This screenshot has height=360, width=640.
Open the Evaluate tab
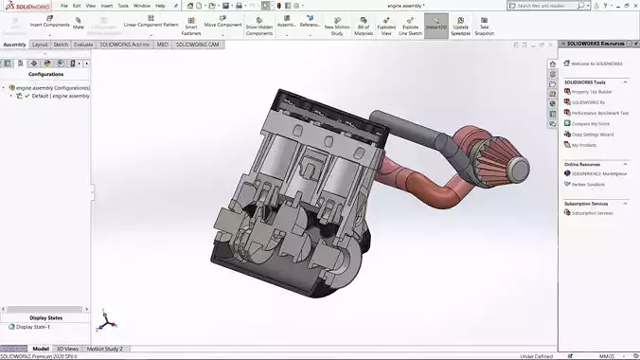tap(83, 44)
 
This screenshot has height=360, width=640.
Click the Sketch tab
tap(61, 44)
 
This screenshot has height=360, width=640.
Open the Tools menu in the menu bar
tap(122, 6)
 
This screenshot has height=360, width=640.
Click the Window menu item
tap(141, 6)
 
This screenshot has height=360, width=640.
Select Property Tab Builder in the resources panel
tap(592, 92)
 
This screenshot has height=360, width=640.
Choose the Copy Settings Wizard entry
tap(593, 135)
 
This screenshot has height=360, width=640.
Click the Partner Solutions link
tap(590, 184)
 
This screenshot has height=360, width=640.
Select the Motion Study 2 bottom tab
tap(105, 349)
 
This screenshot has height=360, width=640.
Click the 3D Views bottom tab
tap(67, 349)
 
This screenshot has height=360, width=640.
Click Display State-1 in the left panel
tap(33, 327)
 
